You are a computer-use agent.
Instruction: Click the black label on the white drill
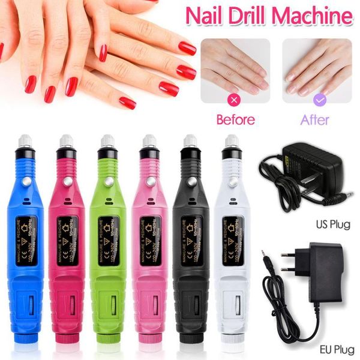[230, 241]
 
